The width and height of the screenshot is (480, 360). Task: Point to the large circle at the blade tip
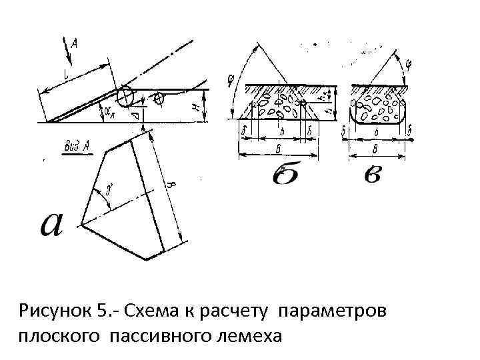pyautogui.click(x=125, y=97)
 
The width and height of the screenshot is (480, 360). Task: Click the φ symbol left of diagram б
pyautogui.click(x=231, y=81)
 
